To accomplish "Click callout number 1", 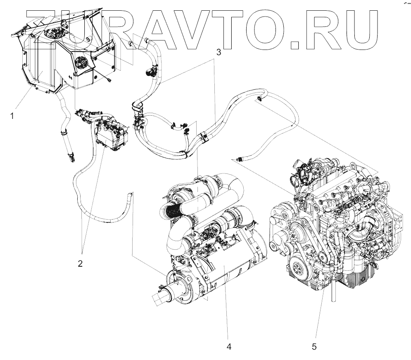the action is (13, 116).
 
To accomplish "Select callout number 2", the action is (81, 263).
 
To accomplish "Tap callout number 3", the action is (219, 52).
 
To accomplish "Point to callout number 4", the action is (229, 346).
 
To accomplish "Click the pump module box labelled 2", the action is (111, 134).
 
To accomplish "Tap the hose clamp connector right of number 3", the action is (260, 98).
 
